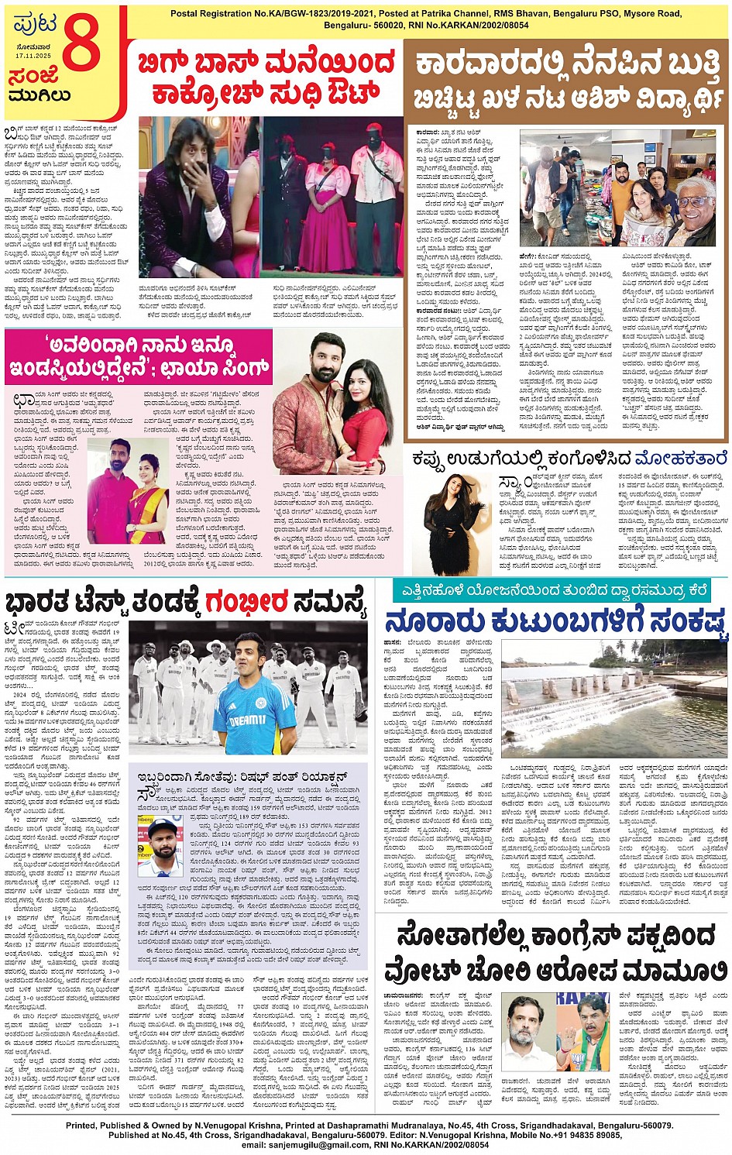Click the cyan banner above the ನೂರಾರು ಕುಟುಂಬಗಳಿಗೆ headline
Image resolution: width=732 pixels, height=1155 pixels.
pos(551,590)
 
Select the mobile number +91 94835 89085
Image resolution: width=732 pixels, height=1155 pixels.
pos(574,1135)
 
